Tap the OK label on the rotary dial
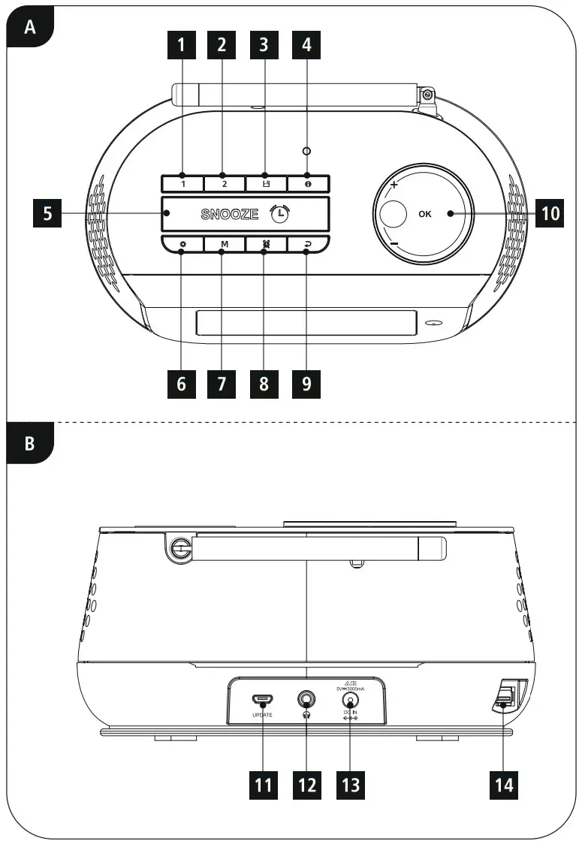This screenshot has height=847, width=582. [x=425, y=214]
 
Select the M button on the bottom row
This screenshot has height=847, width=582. [x=224, y=245]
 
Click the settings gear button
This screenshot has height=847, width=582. [x=182, y=245]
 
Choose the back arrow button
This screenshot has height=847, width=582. [x=307, y=245]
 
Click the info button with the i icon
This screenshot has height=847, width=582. [x=307, y=183]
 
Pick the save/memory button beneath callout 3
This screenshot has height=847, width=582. [x=265, y=183]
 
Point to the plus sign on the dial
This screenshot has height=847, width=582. [x=393, y=184]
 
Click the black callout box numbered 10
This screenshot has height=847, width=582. [x=550, y=214]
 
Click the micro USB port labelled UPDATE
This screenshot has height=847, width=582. [x=262, y=700]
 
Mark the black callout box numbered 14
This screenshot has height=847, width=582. [x=504, y=785]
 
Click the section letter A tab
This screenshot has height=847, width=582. [x=30, y=28]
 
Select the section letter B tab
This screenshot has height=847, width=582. [x=30, y=444]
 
